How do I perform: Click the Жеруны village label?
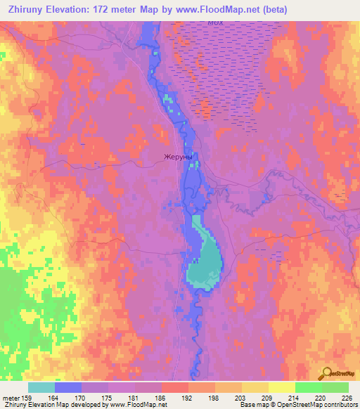coord(177,157)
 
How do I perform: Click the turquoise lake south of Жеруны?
coord(204,264)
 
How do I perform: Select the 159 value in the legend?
coord(28,398)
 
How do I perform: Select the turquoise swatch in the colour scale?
coord(41,387)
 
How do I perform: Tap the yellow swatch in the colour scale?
coord(282,387)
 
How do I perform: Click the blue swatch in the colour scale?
coord(68,387)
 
